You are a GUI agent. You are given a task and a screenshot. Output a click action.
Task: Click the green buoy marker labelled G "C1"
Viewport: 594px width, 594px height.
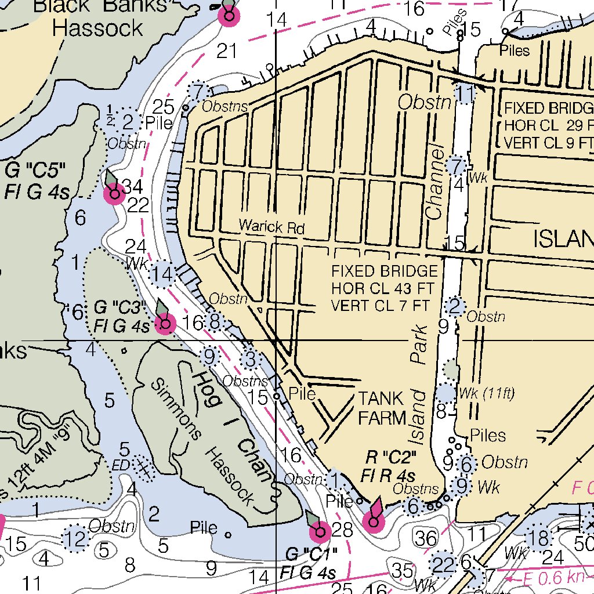tap(320, 531)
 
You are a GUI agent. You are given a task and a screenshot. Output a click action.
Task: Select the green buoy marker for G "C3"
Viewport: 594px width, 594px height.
tap(165, 324)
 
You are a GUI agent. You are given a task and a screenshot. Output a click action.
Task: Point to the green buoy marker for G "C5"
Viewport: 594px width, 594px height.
tap(114, 193)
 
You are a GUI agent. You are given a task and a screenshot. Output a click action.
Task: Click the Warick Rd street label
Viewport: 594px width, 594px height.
tap(271, 227)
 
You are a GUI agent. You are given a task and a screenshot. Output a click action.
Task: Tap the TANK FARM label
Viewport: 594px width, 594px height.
tap(381, 407)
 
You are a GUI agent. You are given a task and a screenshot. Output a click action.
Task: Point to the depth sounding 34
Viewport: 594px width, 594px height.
tap(132, 186)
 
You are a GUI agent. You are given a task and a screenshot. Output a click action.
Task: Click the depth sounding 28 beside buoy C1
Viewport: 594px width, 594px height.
tap(342, 529)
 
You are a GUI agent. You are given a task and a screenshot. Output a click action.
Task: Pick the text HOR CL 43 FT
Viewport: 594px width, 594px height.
tap(384, 288)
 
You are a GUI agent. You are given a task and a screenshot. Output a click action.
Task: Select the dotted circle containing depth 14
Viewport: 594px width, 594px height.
tap(163, 274)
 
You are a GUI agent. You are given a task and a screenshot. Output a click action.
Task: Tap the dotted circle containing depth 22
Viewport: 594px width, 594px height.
tap(444, 564)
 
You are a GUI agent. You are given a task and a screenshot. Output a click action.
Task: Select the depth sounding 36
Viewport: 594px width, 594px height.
tap(426, 538)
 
